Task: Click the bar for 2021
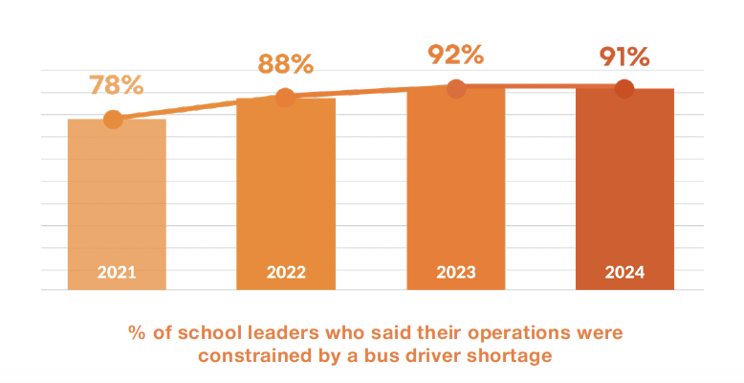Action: (x=117, y=201)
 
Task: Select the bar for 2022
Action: (x=286, y=191)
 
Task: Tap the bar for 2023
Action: (x=456, y=187)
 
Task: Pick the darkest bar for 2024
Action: (x=624, y=187)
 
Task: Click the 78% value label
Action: (x=117, y=84)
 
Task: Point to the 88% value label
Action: (x=286, y=64)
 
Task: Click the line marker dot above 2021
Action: (x=113, y=120)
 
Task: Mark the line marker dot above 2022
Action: (x=285, y=97)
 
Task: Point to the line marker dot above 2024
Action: (x=624, y=89)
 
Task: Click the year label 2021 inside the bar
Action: (x=117, y=273)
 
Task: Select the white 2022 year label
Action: (x=286, y=273)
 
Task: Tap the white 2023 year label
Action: (x=456, y=273)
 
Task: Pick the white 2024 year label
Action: (x=624, y=273)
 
